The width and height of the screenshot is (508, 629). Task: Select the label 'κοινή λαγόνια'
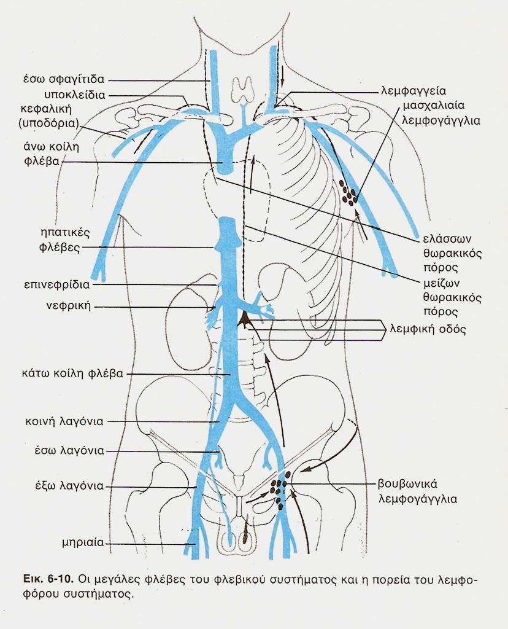[x=69, y=421]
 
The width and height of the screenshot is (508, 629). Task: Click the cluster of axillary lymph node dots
[x=350, y=193]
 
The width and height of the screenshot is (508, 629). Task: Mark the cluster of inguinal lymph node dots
[x=280, y=491]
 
